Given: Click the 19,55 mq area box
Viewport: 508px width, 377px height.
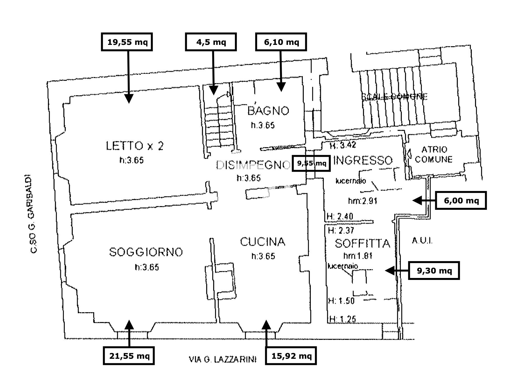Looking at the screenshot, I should click(x=127, y=42).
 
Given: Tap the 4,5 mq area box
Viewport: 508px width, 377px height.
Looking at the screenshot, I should click(x=211, y=42).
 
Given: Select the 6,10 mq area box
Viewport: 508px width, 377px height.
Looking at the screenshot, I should click(x=281, y=42).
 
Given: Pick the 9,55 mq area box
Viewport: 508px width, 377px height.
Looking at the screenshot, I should click(x=311, y=163).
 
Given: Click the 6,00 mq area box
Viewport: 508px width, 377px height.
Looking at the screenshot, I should click(x=461, y=201).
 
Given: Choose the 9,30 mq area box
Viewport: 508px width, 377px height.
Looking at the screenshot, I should click(x=434, y=271).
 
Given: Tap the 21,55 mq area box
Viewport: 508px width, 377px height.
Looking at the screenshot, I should click(x=129, y=356).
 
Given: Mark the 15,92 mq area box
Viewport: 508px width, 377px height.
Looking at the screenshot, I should click(x=291, y=356).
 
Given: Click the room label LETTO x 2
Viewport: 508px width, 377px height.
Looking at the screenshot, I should click(x=135, y=146).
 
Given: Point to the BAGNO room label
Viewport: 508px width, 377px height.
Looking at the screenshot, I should click(x=268, y=111).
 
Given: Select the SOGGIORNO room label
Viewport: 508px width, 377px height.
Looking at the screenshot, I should click(x=146, y=252).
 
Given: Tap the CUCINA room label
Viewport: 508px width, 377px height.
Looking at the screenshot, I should click(x=263, y=242).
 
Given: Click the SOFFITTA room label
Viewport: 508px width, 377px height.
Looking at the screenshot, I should click(x=363, y=243).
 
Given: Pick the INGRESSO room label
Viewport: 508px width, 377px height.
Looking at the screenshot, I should click(x=363, y=160).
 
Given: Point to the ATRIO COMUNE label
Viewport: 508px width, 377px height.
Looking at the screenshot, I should click(x=434, y=154).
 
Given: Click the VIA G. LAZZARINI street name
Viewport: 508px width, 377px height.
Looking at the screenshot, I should click(x=223, y=359).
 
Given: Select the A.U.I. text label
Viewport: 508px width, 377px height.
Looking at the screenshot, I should click(x=422, y=241).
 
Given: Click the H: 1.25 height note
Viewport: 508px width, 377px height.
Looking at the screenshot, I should click(x=342, y=319).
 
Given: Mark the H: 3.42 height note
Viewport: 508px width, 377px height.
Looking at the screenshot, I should click(x=343, y=145).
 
